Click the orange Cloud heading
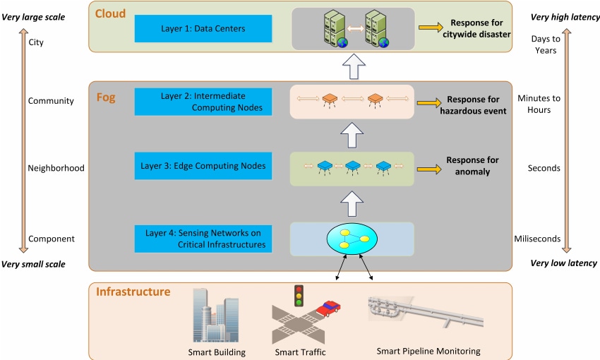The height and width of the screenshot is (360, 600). (x=110, y=13)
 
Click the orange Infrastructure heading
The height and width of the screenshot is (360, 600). (x=133, y=292)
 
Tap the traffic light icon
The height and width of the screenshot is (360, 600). (x=299, y=296)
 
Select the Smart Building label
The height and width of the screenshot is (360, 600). (x=217, y=352)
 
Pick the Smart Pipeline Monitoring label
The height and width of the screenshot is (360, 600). (x=428, y=351)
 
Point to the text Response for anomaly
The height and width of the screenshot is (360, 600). (x=472, y=166)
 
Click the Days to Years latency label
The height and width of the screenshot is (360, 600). (x=544, y=44)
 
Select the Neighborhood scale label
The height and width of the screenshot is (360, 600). (x=56, y=169)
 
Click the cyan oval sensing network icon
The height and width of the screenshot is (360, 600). (x=351, y=239)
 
